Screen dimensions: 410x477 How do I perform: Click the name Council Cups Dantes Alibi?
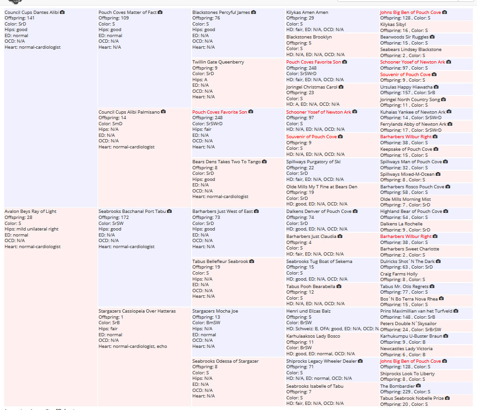tap(32, 12)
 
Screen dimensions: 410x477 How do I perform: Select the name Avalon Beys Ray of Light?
tap(30, 211)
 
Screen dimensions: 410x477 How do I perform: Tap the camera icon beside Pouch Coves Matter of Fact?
tap(160, 12)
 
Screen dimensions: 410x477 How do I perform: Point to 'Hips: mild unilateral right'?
tap(32, 229)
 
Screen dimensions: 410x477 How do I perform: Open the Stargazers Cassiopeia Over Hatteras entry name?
tap(137, 311)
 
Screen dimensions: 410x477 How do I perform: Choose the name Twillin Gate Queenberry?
tap(218, 62)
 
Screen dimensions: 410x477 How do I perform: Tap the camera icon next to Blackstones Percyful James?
tap(253, 12)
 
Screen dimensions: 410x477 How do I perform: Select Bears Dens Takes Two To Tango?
tap(226, 162)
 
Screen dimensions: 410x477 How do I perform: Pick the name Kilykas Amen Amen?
tap(307, 12)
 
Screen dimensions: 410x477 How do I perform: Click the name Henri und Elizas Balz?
tap(308, 311)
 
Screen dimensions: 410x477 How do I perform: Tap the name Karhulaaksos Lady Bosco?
tap(313, 336)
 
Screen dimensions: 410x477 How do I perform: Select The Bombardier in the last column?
tap(397, 386)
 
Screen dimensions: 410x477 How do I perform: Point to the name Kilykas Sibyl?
tap(393, 25)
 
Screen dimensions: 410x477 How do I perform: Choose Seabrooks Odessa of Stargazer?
tap(226, 361)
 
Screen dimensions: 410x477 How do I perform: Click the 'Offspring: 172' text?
tap(114, 218)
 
